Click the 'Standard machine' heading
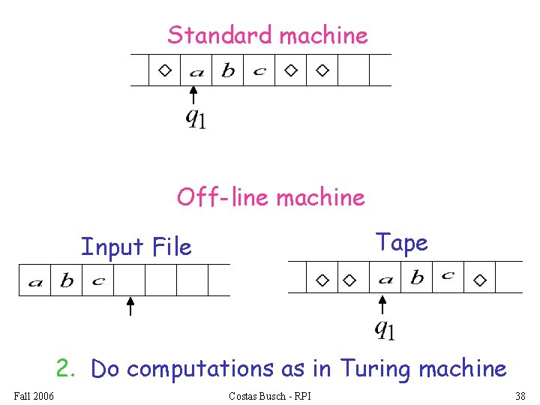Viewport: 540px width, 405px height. click(x=268, y=34)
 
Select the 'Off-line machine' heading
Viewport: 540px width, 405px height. click(x=271, y=197)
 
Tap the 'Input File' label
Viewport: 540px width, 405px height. click(x=136, y=246)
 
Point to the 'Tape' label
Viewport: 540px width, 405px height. click(x=401, y=242)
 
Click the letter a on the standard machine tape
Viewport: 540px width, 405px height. click(x=196, y=72)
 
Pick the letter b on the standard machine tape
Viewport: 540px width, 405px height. click(x=228, y=70)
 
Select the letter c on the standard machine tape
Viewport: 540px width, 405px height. click(x=259, y=71)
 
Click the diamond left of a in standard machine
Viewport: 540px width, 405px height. click(x=164, y=70)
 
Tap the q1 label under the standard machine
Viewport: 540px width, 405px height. click(x=196, y=118)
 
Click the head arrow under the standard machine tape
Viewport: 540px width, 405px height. click(x=193, y=95)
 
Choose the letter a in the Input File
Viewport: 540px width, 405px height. click(x=35, y=283)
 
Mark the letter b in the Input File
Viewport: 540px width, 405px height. click(x=67, y=280)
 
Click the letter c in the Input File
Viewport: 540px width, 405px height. click(x=98, y=281)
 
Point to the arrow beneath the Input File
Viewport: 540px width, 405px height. click(x=130, y=307)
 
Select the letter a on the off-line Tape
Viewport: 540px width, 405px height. click(x=385, y=280)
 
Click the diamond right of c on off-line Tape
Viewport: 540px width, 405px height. click(x=480, y=280)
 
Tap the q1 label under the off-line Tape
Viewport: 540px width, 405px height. click(x=385, y=329)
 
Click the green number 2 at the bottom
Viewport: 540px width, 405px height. click(x=65, y=367)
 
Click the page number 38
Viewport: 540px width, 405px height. click(x=520, y=396)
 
